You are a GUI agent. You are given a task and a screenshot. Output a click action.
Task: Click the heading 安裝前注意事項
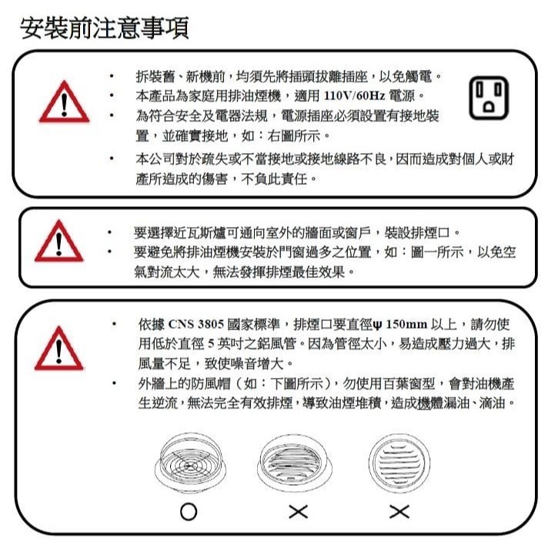tap(105, 28)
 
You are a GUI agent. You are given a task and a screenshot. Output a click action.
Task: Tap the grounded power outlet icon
tap(489, 99)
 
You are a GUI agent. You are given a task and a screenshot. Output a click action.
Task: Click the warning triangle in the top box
tap(65, 102)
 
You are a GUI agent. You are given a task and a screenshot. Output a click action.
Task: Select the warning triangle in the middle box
tap(59, 241)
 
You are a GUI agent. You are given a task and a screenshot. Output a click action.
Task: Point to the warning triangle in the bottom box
tap(59, 349)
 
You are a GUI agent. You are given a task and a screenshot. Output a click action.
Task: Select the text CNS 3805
tap(196, 324)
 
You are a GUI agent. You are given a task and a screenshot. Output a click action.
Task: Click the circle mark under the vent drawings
tap(189, 512)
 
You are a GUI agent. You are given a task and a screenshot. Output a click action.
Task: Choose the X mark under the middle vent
tap(299, 512)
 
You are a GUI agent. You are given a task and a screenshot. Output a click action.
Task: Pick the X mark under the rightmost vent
tap(399, 512)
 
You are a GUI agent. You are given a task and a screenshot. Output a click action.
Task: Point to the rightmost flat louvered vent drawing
tap(399, 463)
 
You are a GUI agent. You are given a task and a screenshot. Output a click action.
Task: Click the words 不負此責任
tap(274, 179)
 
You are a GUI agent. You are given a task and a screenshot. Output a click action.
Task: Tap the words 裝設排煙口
tap(416, 232)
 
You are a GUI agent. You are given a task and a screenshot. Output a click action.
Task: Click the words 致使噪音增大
tap(244, 364)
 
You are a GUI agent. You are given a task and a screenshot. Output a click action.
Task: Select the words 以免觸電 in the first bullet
tap(406, 76)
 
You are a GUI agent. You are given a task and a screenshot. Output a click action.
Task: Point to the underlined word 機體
tap(430, 403)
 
